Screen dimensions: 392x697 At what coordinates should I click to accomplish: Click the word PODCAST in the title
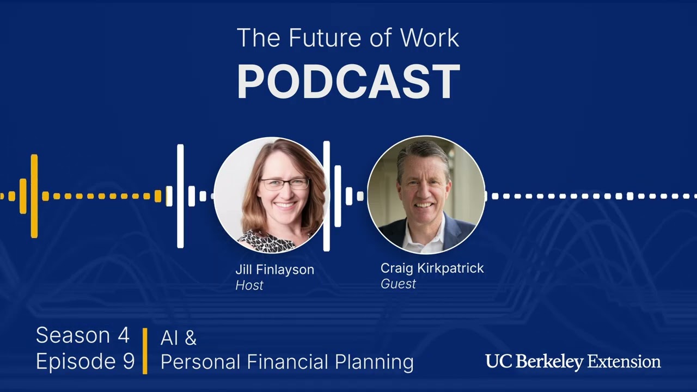pyautogui.click(x=348, y=82)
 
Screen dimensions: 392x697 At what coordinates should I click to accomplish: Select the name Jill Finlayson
pyautogui.click(x=274, y=269)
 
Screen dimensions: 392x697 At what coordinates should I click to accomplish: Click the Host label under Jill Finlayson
pyautogui.click(x=249, y=285)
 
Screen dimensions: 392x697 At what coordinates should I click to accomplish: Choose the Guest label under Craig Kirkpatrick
pyautogui.click(x=398, y=283)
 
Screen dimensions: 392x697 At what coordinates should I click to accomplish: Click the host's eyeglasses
pyautogui.click(x=284, y=183)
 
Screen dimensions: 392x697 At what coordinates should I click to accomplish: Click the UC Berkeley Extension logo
pyautogui.click(x=573, y=362)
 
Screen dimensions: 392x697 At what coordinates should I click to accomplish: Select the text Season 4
pyautogui.click(x=83, y=336)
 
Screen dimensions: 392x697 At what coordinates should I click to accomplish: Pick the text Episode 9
pyautogui.click(x=85, y=362)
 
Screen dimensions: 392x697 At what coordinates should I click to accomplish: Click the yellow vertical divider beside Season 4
pyautogui.click(x=145, y=351)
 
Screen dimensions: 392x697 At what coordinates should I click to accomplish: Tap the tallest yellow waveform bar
pyautogui.click(x=34, y=196)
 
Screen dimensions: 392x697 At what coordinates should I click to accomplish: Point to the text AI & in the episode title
pyautogui.click(x=178, y=338)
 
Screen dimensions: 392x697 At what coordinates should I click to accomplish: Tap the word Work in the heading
pyautogui.click(x=430, y=38)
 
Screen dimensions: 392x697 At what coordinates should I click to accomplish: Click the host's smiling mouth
pyautogui.click(x=285, y=206)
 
